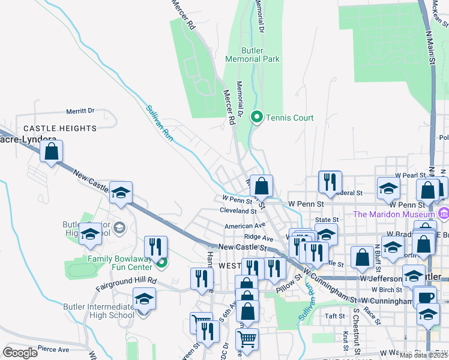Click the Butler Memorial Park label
point(252,55)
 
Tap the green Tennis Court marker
point(257,117)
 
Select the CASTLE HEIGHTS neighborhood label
point(59,128)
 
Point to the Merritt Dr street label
point(80,111)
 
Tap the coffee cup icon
point(426,297)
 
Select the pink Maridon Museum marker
point(443,213)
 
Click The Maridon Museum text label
point(393,214)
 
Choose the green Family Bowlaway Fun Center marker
point(161,262)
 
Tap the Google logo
point(20,353)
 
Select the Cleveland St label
point(238,211)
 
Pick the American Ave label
point(245,226)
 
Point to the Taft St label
point(334,316)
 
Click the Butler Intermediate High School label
point(98,311)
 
